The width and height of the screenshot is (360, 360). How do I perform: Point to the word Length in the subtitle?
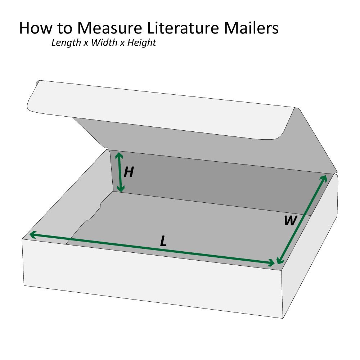pos(65,42)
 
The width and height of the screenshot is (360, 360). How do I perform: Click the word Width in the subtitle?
pos(104,42)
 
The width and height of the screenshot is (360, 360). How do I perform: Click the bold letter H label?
pos(129,172)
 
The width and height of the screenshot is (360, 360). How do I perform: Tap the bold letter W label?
pos(290,220)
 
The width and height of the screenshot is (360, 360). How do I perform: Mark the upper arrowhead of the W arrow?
pos(324,178)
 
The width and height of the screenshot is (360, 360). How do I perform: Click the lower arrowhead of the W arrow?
pos(278,262)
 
